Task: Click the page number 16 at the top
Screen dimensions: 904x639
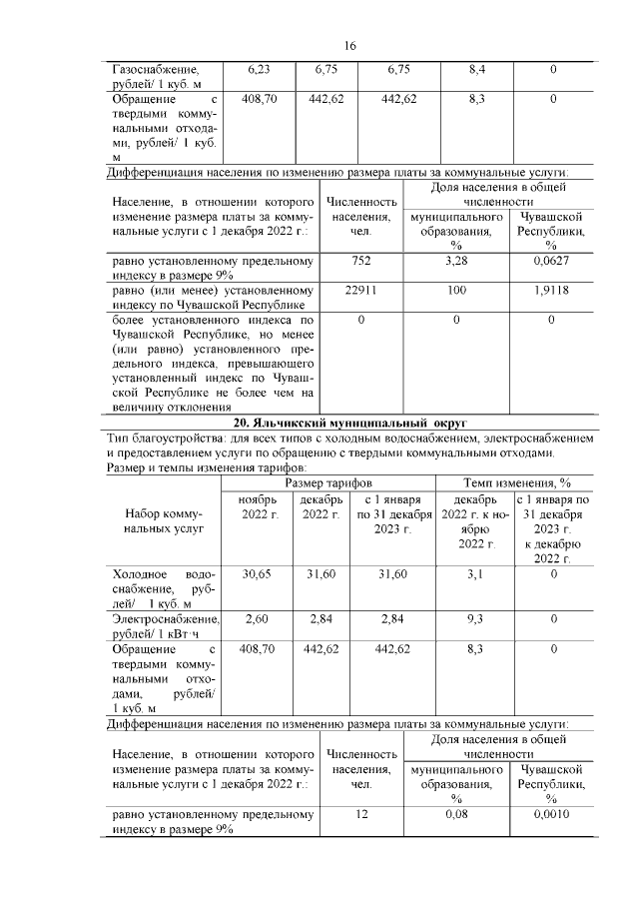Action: tap(350, 46)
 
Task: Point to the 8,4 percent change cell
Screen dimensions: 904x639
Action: tap(476, 70)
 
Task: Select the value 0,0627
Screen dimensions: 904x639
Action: tap(551, 262)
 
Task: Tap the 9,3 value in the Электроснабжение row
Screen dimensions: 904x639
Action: tap(476, 619)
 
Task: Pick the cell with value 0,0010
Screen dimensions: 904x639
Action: tap(551, 815)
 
